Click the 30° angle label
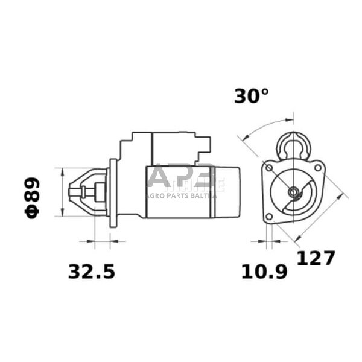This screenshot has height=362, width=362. (x=251, y=95)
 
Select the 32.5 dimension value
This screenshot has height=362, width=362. (x=91, y=271)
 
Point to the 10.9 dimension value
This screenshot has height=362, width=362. (x=264, y=271)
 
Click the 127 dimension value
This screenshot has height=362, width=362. (x=316, y=258)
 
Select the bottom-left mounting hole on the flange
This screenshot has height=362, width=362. (x=269, y=216)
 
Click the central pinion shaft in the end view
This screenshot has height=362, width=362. (x=293, y=192)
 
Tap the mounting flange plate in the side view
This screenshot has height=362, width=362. (x=113, y=193)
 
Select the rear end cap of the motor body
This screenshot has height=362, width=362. (x=232, y=191)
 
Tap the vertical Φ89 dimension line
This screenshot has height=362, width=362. (x=62, y=192)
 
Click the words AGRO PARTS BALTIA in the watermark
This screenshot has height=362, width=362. (x=181, y=195)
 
